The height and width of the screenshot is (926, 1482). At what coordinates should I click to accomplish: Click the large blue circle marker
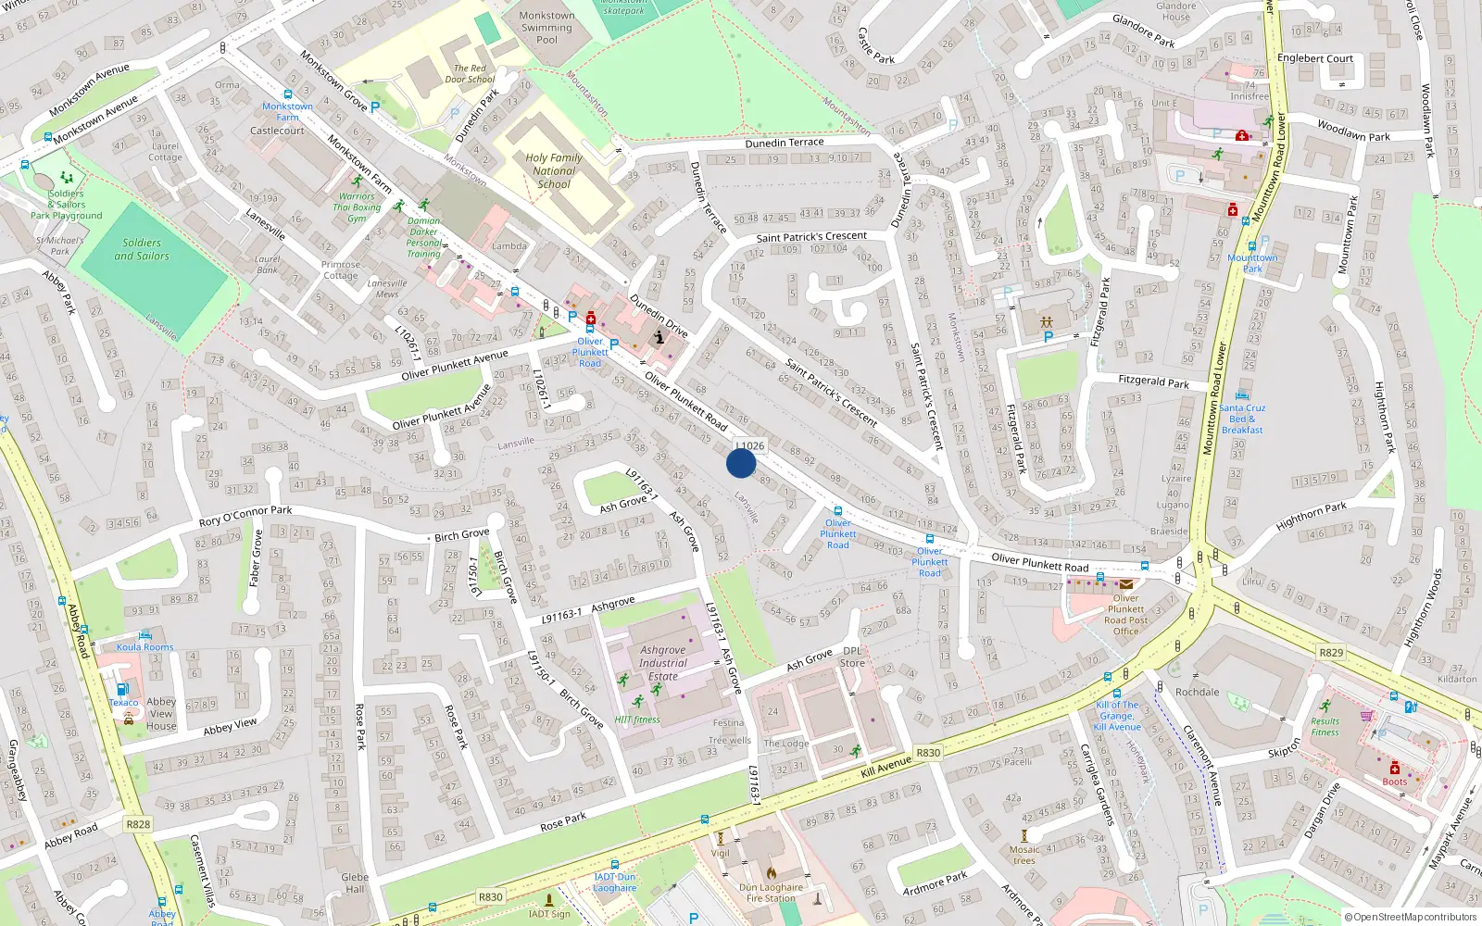(x=741, y=462)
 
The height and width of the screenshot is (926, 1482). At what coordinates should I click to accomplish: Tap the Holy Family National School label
(x=554, y=171)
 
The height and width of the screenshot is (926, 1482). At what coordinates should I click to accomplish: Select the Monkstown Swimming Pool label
(x=546, y=28)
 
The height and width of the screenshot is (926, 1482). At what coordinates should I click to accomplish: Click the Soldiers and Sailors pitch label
(x=142, y=249)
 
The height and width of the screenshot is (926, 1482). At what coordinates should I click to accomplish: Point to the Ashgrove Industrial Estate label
(x=663, y=663)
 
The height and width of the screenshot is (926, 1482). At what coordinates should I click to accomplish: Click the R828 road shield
(x=138, y=824)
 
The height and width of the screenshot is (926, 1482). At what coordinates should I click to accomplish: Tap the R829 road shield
(x=1331, y=653)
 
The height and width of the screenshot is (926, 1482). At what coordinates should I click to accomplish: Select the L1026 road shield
(x=750, y=445)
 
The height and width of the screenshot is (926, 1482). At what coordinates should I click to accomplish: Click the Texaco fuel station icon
(x=121, y=690)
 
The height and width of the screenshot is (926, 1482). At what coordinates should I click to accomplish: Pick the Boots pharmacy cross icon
(x=1395, y=768)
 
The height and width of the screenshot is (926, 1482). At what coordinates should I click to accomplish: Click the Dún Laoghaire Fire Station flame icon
(x=771, y=872)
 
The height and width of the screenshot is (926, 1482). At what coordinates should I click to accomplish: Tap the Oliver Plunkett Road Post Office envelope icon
(x=1126, y=584)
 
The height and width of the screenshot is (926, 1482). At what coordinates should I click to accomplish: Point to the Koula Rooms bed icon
(x=145, y=635)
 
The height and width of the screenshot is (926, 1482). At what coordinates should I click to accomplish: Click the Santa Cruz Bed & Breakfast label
(x=1242, y=419)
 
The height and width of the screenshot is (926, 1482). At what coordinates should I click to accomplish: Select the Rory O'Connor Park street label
(x=245, y=516)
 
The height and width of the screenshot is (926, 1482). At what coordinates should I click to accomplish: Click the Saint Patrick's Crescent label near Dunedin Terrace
(x=811, y=237)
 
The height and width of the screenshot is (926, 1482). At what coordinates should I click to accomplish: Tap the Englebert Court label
(x=1315, y=58)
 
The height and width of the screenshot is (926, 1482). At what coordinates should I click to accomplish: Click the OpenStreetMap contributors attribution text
(x=1411, y=918)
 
